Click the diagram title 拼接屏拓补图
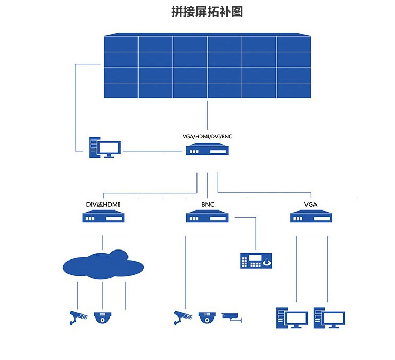coord(207,12)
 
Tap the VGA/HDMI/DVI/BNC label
coord(207,137)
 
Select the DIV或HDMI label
coord(103,205)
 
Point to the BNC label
coord(208,205)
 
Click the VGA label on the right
coord(311,205)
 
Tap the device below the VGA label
coord(312,217)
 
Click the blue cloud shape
coord(103,265)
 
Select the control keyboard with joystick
coord(256,261)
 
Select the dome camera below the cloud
coord(103,317)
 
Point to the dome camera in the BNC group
coord(208,317)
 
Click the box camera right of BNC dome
coord(232,316)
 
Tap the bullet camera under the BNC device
coord(183,317)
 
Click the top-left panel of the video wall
coord(121,44)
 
